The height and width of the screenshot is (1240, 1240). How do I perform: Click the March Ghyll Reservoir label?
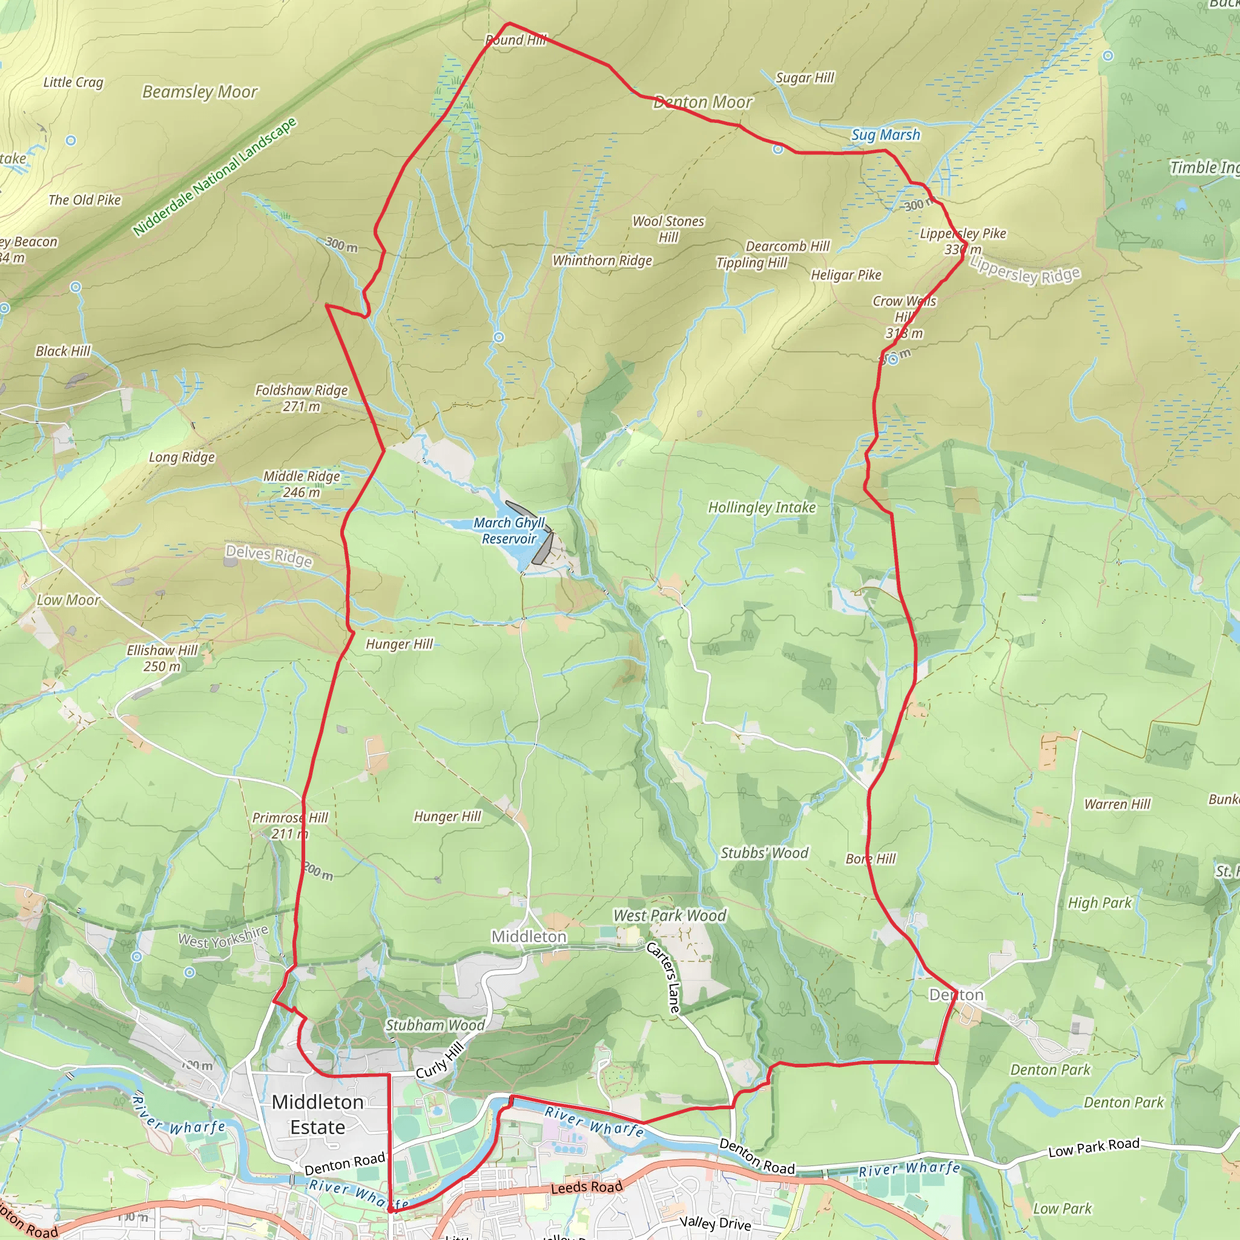coord(509,531)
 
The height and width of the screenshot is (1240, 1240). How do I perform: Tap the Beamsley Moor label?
coord(200,92)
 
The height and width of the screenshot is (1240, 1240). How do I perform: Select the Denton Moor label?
coord(703,102)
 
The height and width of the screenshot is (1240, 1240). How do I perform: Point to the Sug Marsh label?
coord(885,135)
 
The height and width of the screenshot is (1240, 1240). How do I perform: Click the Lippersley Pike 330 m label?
coord(963,241)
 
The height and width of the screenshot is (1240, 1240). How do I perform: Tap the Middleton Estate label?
coord(318,1114)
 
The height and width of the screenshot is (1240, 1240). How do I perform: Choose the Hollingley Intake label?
coord(762,507)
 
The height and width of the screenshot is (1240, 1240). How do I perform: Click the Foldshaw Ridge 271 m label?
coord(301,398)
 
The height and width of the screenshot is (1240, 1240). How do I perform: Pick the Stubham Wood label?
coord(435,1025)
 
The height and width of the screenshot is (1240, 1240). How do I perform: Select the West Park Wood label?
coord(670,916)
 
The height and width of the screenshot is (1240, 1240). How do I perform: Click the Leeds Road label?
coord(587,1187)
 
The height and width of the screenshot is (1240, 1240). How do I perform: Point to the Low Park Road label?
coord(1093,1147)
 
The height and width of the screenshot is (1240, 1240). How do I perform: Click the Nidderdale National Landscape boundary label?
coord(215,177)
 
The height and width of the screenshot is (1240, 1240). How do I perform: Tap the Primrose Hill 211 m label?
coord(290,825)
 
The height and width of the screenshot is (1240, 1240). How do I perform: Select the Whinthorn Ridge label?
coord(602,260)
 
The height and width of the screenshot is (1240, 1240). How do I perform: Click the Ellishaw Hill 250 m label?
coord(162,658)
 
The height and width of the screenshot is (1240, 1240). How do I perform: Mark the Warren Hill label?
coord(1116,804)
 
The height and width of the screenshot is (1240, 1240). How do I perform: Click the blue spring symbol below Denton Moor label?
coord(778,150)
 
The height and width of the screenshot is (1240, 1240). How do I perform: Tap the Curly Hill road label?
coord(440,1061)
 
